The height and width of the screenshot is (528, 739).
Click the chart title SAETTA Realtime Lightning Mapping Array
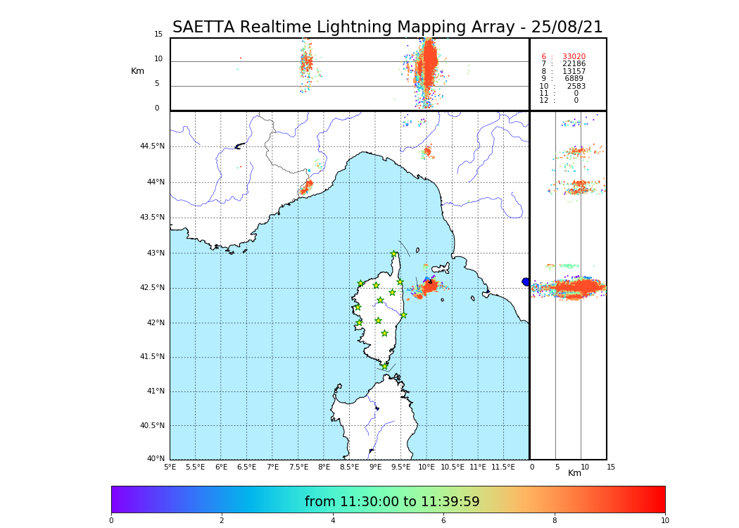pyautogui.click(x=387, y=27)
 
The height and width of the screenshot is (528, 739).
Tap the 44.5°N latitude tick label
pyautogui.click(x=152, y=146)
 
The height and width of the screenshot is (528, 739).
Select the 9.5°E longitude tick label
pyautogui.click(x=400, y=467)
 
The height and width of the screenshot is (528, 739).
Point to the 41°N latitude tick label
pyautogui.click(x=153, y=391)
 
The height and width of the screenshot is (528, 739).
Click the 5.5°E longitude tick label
pyautogui.click(x=195, y=467)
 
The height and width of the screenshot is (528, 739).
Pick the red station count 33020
pyautogui.click(x=574, y=57)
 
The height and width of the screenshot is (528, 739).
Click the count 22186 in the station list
pyautogui.click(x=574, y=64)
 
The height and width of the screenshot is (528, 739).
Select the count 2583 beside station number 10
pyautogui.click(x=576, y=87)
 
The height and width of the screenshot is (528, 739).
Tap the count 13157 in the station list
pyautogui.click(x=574, y=72)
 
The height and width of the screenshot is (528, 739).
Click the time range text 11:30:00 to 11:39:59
pyautogui.click(x=392, y=502)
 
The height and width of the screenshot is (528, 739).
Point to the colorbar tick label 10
pyautogui.click(x=664, y=521)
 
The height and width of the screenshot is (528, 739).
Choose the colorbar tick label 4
pyautogui.click(x=333, y=521)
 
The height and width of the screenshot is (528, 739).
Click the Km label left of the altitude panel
pyautogui.click(x=138, y=71)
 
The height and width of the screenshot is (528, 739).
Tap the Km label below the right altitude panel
pyautogui.click(x=575, y=474)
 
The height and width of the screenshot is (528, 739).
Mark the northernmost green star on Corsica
pyautogui.click(x=394, y=254)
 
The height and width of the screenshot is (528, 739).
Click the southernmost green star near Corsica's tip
pyautogui.click(x=385, y=366)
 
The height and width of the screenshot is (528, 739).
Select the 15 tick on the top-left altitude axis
pyautogui.click(x=158, y=34)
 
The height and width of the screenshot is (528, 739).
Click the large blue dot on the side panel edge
pyautogui.click(x=526, y=282)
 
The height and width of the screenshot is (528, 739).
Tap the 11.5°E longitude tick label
pyautogui.click(x=503, y=467)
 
